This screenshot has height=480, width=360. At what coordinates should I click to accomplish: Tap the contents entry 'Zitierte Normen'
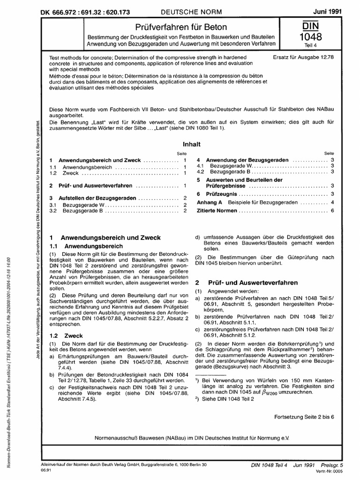[217, 211]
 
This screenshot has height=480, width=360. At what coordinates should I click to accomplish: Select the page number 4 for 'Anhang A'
[332, 202]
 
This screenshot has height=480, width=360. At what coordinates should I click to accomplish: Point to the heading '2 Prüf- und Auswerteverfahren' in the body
[239, 283]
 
